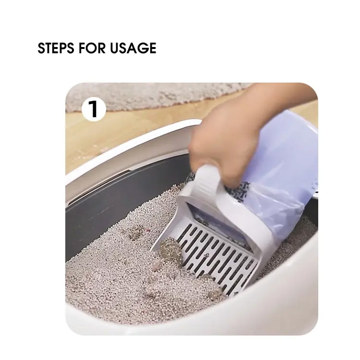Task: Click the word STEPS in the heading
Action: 56,48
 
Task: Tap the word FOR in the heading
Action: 92,48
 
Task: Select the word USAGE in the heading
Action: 133,48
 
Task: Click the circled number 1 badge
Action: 94,109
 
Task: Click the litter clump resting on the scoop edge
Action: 170,251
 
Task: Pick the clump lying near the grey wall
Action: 135,232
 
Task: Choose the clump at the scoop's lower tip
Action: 215,292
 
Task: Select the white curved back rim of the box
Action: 129,156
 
